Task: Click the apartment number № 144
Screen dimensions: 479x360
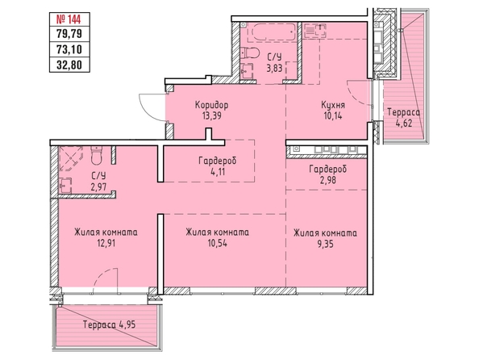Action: [69, 19]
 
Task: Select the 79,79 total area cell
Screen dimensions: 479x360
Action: [69, 33]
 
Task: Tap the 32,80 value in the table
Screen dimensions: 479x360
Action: [69, 65]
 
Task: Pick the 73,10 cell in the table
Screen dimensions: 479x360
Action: [69, 49]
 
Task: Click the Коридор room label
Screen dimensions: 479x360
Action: [212, 105]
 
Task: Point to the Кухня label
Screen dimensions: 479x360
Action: [333, 105]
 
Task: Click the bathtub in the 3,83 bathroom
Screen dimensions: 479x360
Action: [271, 31]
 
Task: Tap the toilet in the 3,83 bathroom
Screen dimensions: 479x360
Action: [249, 54]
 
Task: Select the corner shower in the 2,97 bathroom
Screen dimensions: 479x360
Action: [71, 158]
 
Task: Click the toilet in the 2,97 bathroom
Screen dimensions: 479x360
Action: [98, 156]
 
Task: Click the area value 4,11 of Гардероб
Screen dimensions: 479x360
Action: [218, 172]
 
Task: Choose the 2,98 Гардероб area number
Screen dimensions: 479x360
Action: [328, 180]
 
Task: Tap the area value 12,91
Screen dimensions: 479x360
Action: [106, 243]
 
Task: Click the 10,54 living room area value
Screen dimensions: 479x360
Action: [217, 243]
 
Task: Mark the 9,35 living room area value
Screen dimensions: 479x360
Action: [325, 244]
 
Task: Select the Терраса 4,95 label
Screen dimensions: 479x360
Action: [109, 324]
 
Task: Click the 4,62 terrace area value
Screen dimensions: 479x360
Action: [403, 123]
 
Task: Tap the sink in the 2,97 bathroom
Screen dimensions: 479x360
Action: [65, 186]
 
